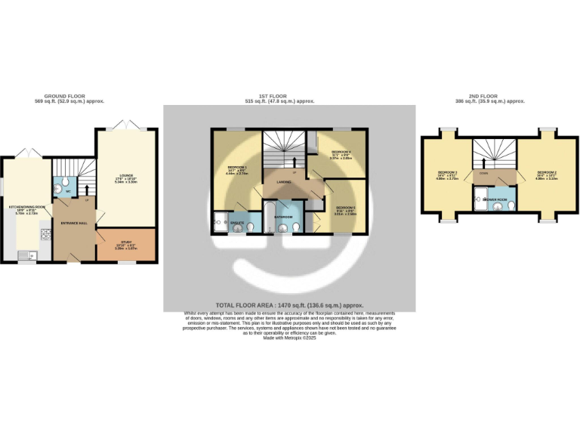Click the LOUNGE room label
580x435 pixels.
(125, 175)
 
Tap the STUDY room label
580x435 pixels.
(125, 242)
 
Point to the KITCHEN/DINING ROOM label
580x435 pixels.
(27, 206)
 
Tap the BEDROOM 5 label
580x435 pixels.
(345, 207)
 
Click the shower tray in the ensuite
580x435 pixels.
(220, 221)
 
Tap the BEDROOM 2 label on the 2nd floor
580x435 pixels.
(547, 172)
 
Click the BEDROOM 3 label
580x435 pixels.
(447, 172)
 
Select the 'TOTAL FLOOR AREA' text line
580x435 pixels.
(289, 304)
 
